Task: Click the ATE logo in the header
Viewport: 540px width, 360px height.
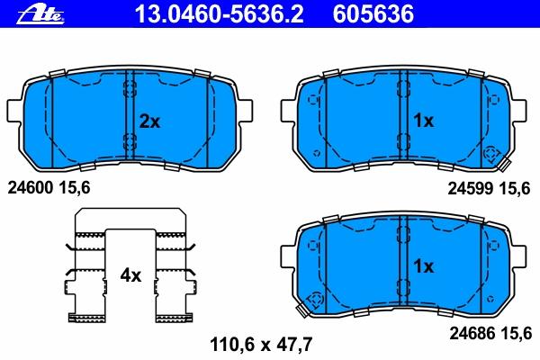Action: tap(40, 14)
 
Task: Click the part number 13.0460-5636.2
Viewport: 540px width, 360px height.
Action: tap(220, 14)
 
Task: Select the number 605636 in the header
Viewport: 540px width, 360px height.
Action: tap(373, 14)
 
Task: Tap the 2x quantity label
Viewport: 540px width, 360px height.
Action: tap(149, 121)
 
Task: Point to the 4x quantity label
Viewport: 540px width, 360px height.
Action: tap(130, 275)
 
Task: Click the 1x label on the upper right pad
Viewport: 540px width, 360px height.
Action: tap(424, 121)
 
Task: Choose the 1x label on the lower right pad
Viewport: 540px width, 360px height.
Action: tap(424, 266)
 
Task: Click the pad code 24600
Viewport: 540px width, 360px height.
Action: tap(31, 188)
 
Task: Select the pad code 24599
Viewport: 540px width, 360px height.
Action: tap(471, 188)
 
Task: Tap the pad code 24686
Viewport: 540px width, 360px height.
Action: tap(472, 333)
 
